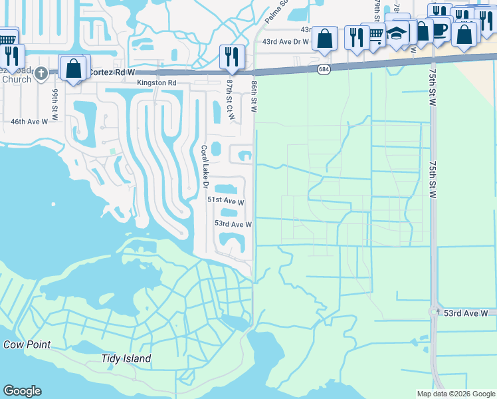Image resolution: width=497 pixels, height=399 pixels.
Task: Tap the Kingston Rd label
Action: (x=157, y=83)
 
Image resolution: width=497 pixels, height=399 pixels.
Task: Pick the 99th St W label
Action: (x=55, y=100)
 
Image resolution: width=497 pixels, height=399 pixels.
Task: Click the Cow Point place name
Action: (x=27, y=344)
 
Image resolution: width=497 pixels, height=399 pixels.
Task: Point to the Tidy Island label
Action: (x=126, y=359)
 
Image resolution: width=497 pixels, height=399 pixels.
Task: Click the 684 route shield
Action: (x=324, y=69)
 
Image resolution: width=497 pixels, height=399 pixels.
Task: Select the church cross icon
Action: (x=41, y=71)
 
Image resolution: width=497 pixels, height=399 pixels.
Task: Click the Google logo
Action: (x=22, y=391)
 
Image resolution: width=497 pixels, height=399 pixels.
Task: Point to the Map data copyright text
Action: (x=455, y=394)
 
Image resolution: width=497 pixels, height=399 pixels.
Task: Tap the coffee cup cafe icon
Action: (x=440, y=29)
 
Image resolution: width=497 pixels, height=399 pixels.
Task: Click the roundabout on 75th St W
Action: (x=435, y=311)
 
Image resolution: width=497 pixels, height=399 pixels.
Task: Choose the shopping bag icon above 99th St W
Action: (x=72, y=67)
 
